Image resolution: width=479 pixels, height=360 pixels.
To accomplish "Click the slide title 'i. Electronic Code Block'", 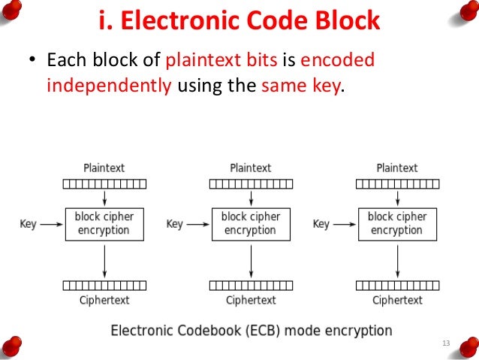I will click(x=239, y=21).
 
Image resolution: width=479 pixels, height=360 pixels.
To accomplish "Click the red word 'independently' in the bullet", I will click(x=109, y=85).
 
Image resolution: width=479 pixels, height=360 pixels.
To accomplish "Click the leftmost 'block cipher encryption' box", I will click(x=104, y=224).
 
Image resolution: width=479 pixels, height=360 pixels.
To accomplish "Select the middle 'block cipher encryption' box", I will click(x=250, y=224).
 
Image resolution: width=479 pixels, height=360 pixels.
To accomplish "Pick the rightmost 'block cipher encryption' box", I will click(x=396, y=224).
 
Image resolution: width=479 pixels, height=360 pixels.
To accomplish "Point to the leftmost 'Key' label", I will click(x=28, y=224).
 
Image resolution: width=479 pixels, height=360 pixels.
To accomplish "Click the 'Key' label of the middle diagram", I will click(x=174, y=224).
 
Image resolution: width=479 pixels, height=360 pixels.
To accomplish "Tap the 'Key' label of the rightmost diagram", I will click(x=321, y=224).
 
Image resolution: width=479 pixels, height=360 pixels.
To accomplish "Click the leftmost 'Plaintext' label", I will click(x=104, y=168).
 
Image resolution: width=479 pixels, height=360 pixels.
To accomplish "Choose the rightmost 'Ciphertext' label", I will click(x=396, y=300).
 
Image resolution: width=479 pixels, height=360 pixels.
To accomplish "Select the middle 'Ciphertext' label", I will click(x=250, y=300).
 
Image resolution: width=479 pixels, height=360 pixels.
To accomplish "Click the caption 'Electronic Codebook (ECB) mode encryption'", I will click(x=252, y=330).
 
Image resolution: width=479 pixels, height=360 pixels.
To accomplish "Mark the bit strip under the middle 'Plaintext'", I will click(x=250, y=183).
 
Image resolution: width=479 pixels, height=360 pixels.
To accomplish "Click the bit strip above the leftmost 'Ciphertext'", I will click(x=104, y=286).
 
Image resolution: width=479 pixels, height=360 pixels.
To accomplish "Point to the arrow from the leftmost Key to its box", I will click(x=50, y=224).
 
